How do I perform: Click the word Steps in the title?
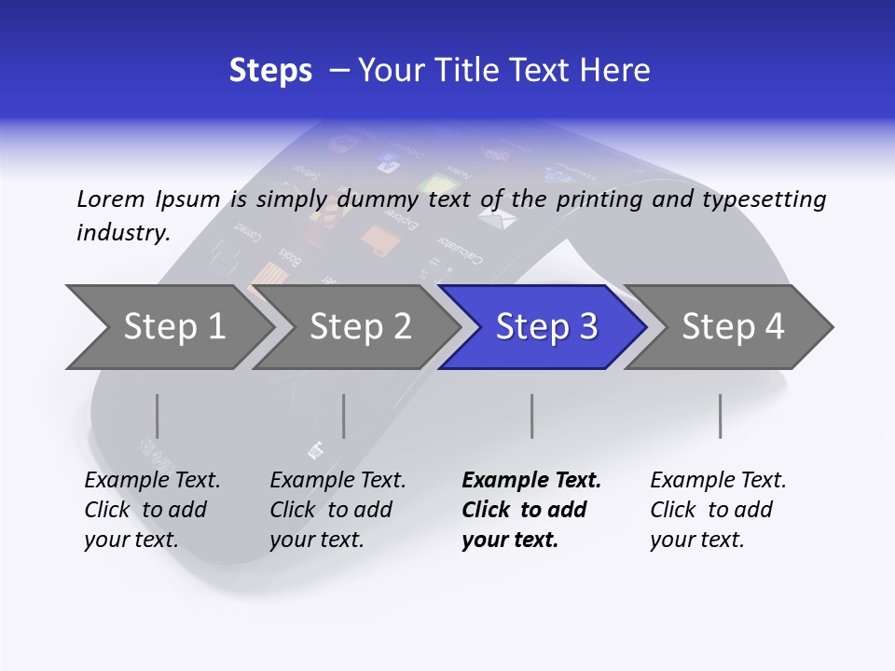tap(270, 71)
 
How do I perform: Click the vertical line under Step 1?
tap(157, 416)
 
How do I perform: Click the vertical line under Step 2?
tap(343, 416)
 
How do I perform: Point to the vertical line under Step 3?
tap(531, 416)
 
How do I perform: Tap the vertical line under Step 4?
tap(720, 416)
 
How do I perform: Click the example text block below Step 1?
tap(152, 510)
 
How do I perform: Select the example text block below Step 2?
tap(337, 510)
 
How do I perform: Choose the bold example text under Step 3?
tap(531, 510)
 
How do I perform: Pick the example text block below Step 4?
tap(718, 510)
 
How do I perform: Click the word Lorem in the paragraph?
tap(110, 199)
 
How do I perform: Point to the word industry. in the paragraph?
tap(123, 233)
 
